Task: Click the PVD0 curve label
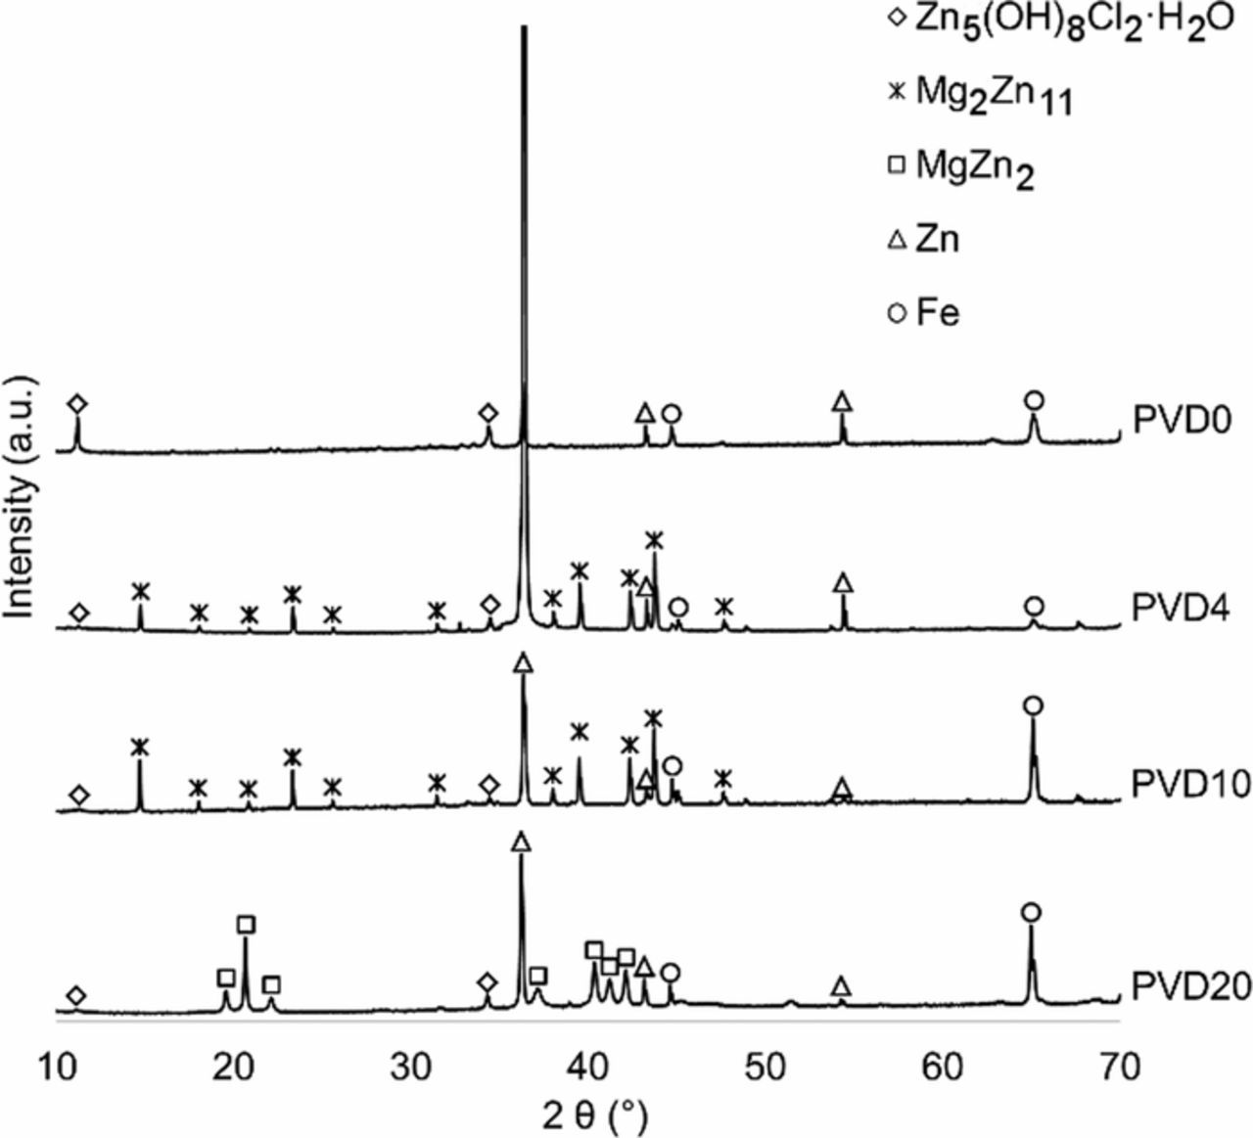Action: [x=1174, y=422]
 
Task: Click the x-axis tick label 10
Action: [x=56, y=1068]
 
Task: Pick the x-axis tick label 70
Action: [x=1120, y=1068]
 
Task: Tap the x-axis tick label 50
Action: [x=765, y=1068]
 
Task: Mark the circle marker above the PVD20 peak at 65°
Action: [x=1030, y=913]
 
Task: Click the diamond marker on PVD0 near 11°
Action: [x=76, y=404]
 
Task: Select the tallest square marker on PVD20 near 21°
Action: [x=246, y=925]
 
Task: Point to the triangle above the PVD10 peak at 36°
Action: [x=524, y=662]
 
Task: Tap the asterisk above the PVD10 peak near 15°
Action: [x=140, y=747]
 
